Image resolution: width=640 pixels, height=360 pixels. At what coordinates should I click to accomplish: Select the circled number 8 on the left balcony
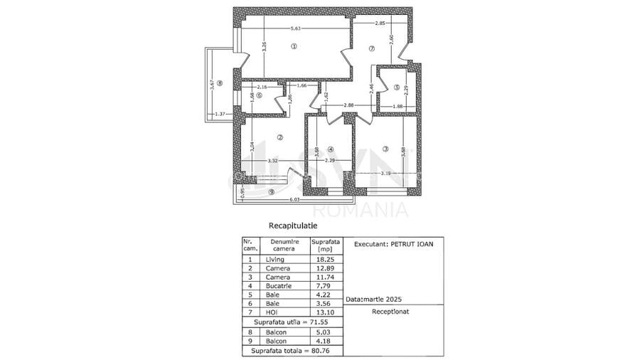219,83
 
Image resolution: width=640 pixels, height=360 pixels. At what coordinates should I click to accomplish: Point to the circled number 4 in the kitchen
330,149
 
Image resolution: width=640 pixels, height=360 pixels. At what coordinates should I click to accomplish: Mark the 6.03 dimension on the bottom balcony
293,201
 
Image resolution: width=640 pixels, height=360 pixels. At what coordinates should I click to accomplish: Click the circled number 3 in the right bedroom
385,149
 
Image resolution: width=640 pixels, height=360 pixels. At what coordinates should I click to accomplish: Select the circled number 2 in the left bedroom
280,137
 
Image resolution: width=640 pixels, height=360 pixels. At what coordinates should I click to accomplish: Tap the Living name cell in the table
274,260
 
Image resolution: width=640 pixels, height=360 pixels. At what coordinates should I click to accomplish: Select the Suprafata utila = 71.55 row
292,322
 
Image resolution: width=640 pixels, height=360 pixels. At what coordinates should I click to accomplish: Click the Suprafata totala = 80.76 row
292,350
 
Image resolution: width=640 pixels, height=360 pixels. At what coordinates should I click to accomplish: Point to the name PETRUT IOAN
411,243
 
